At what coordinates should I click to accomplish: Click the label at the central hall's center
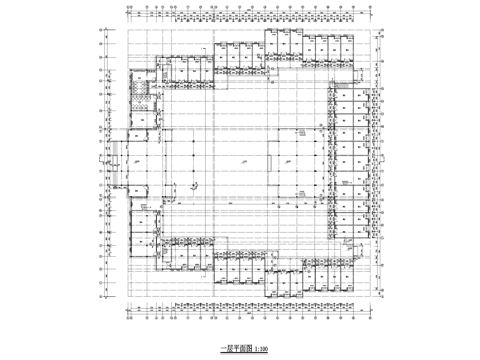click(x=243, y=159)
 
